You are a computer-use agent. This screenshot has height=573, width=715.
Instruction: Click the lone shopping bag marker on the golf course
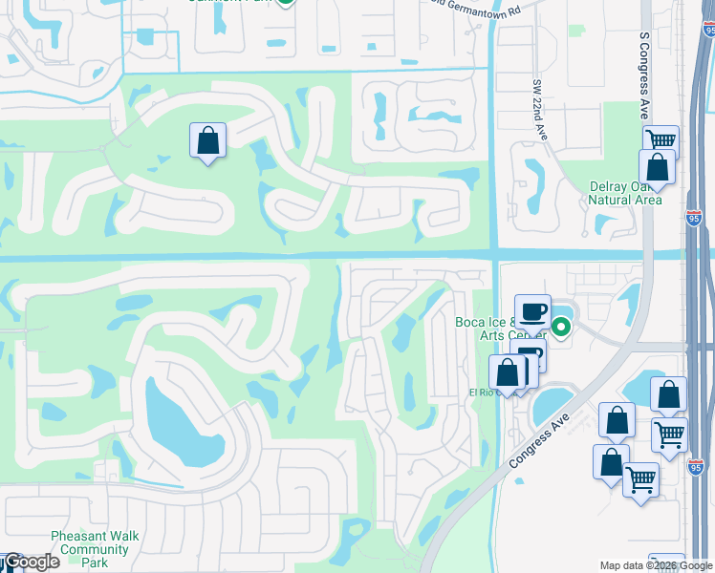(207, 141)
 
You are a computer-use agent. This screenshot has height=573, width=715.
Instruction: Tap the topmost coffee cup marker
(532, 312)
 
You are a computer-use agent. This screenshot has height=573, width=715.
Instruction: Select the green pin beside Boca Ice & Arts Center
(561, 328)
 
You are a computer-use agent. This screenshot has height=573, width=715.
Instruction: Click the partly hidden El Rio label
(479, 393)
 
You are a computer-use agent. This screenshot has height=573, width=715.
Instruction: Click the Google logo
(31, 562)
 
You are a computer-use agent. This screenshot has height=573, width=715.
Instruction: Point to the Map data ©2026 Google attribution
(656, 565)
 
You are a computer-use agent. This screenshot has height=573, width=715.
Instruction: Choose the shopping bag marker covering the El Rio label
(507, 373)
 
